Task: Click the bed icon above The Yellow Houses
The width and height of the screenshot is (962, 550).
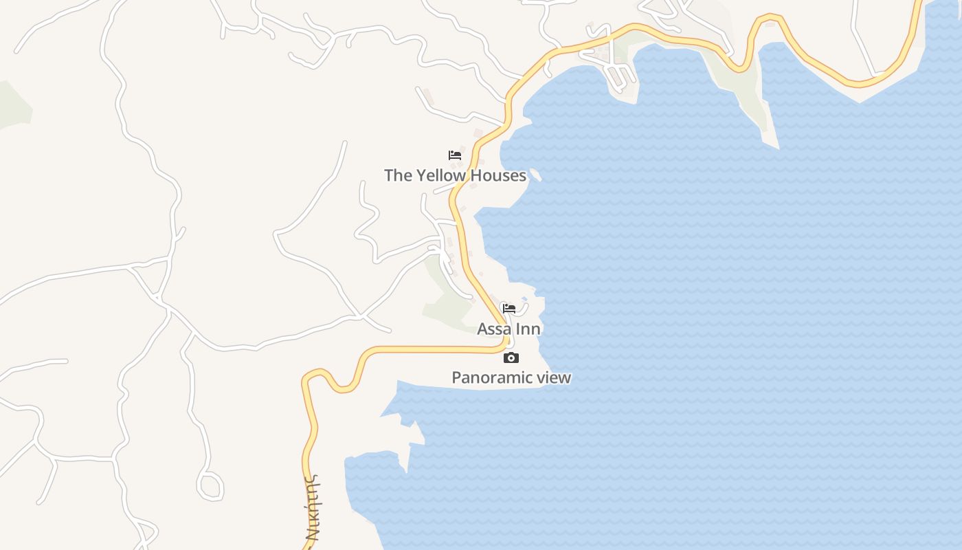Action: coord(454,155)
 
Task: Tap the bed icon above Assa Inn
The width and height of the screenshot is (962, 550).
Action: coord(509,309)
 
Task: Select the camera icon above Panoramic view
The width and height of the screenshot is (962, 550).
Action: coord(511,357)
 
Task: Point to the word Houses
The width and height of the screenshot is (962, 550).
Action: coord(499,175)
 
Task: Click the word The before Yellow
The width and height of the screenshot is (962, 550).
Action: coord(398,175)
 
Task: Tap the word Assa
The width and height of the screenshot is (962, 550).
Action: coord(494,329)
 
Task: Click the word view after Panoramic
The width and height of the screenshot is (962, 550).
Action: coord(554,377)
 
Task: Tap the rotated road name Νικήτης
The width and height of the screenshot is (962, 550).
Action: coord(313,509)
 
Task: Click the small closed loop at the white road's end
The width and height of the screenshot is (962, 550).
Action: coord(210,485)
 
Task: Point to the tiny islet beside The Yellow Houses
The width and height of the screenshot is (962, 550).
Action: coord(536,175)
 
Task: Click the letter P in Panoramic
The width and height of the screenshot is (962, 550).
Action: coord(456,377)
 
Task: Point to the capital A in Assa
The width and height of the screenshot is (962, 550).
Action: coord(483,329)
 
